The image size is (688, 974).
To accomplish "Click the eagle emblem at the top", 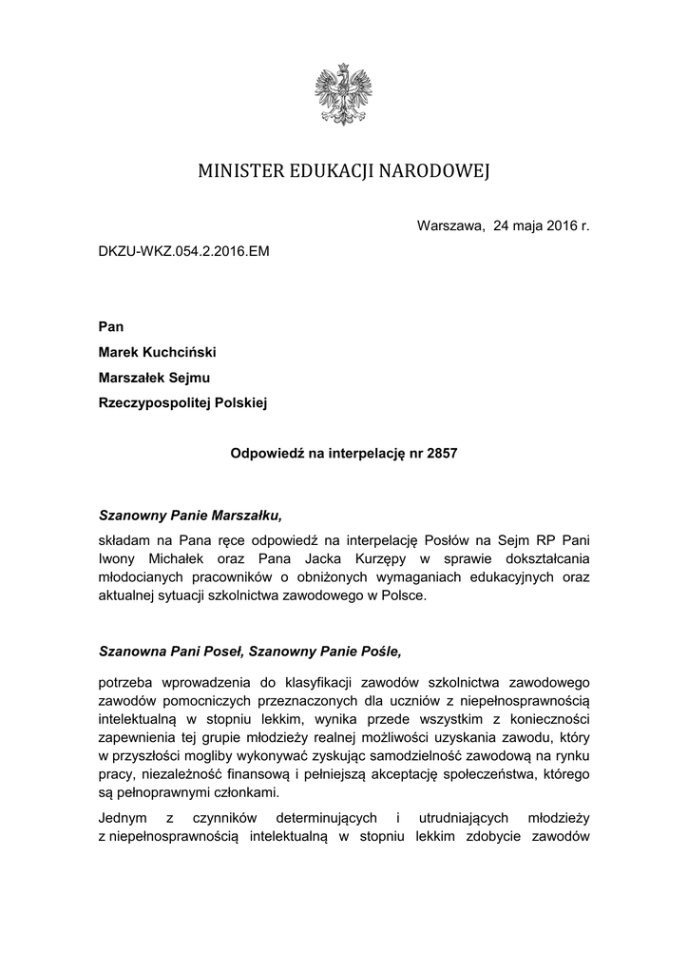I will (x=343, y=92).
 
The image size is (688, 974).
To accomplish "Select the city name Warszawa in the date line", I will (x=450, y=225).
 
